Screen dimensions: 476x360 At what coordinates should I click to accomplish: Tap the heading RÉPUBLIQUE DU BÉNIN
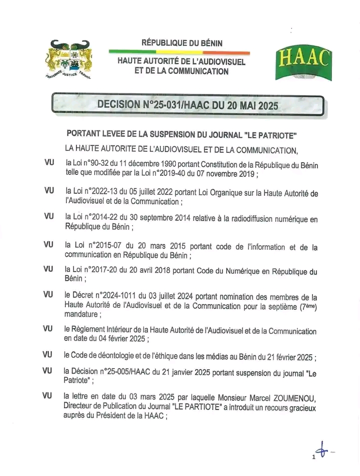182,43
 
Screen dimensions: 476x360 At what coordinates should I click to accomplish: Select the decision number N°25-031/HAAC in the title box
168,105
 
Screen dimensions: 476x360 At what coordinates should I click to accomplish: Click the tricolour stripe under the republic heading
179,52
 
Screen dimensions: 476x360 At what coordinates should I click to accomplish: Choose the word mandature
82,315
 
